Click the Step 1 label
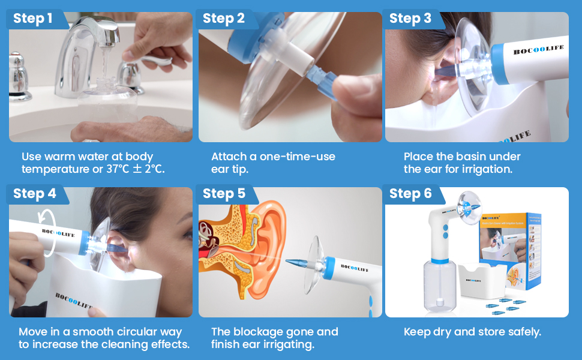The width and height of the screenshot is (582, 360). [x=33, y=19]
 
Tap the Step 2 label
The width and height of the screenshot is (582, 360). [x=223, y=19]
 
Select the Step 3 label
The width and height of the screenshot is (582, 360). [x=410, y=19]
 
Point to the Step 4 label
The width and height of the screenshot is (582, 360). [x=35, y=194]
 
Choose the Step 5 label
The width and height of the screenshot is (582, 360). [x=224, y=194]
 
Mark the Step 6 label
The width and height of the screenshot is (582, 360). [x=410, y=194]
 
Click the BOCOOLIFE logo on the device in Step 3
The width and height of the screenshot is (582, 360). [x=538, y=50]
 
